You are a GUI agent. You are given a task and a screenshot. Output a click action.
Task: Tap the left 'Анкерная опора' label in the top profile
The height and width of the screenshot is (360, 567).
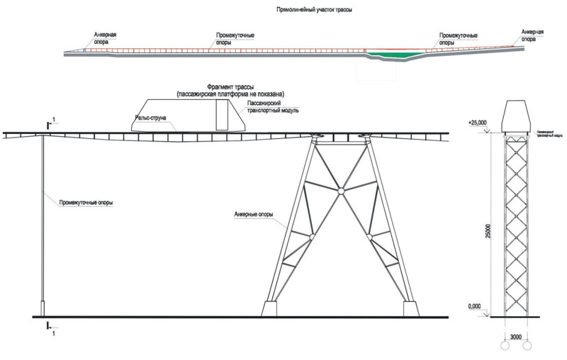coord(104,38)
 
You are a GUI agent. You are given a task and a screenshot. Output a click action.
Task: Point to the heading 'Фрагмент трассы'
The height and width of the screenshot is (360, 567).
coord(230,86)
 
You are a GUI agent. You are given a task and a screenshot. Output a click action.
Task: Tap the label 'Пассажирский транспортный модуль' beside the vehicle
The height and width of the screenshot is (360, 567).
coord(273,107)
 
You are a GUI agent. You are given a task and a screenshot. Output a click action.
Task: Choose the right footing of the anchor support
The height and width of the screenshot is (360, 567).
coord(411,310)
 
